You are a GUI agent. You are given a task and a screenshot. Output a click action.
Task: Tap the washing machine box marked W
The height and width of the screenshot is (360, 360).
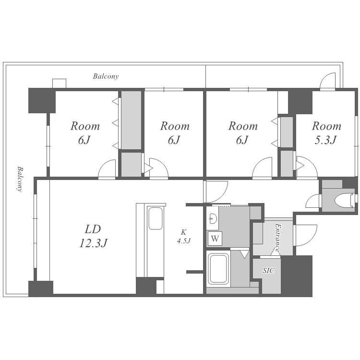tap(215, 239)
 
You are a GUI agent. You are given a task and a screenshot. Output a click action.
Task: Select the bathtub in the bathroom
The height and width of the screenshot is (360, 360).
tap(218, 269)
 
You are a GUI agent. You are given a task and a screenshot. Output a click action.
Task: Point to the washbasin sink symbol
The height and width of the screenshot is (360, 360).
tap(213, 218)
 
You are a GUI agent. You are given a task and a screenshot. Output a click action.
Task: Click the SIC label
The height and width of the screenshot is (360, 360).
tap(268, 270)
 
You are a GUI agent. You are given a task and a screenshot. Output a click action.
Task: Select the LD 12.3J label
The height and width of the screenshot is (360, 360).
tap(93, 236)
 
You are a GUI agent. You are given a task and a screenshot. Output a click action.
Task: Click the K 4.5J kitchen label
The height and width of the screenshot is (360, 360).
tap(184, 237)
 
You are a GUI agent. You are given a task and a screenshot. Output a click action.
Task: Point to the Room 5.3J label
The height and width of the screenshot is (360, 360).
tap(326, 132)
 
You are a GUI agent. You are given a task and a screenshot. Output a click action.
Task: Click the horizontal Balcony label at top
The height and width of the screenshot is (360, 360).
tap(106, 76)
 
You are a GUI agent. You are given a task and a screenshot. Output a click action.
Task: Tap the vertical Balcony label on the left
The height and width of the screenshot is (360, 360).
tap(20, 179)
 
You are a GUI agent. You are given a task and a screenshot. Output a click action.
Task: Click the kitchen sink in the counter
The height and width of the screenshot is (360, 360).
tap(156, 218)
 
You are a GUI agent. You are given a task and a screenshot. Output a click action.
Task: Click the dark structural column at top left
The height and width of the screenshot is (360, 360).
tap(42, 101)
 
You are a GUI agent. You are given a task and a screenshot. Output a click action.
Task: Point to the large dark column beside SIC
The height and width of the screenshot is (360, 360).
tap(297, 276)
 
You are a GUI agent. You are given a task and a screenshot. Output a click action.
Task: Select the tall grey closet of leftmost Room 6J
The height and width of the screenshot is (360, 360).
tap(131, 120)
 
